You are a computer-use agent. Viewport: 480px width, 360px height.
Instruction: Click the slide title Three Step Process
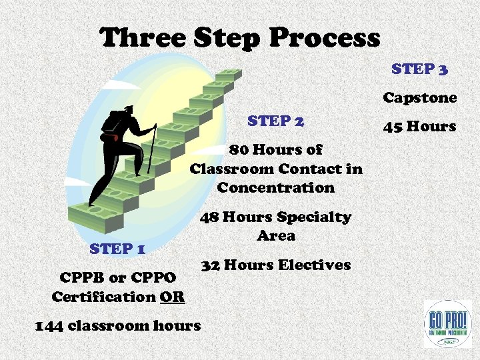click(240, 37)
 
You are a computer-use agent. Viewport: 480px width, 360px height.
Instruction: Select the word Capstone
click(419, 98)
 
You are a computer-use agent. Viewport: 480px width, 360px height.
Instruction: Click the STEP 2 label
click(276, 121)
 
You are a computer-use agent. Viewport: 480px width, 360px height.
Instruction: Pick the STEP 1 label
click(118, 249)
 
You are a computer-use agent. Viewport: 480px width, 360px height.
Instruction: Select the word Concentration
click(276, 187)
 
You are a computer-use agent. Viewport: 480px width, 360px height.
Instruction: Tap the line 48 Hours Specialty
click(276, 217)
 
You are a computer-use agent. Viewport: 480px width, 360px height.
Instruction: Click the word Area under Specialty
click(276, 235)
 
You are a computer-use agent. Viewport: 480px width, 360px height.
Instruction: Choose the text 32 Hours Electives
click(276, 265)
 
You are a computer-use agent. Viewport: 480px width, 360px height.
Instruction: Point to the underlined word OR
click(172, 296)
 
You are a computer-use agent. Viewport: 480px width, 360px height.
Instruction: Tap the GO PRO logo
click(447, 323)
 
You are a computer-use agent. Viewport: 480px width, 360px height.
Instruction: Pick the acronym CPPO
click(154, 277)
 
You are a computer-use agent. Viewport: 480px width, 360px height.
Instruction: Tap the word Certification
click(103, 296)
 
